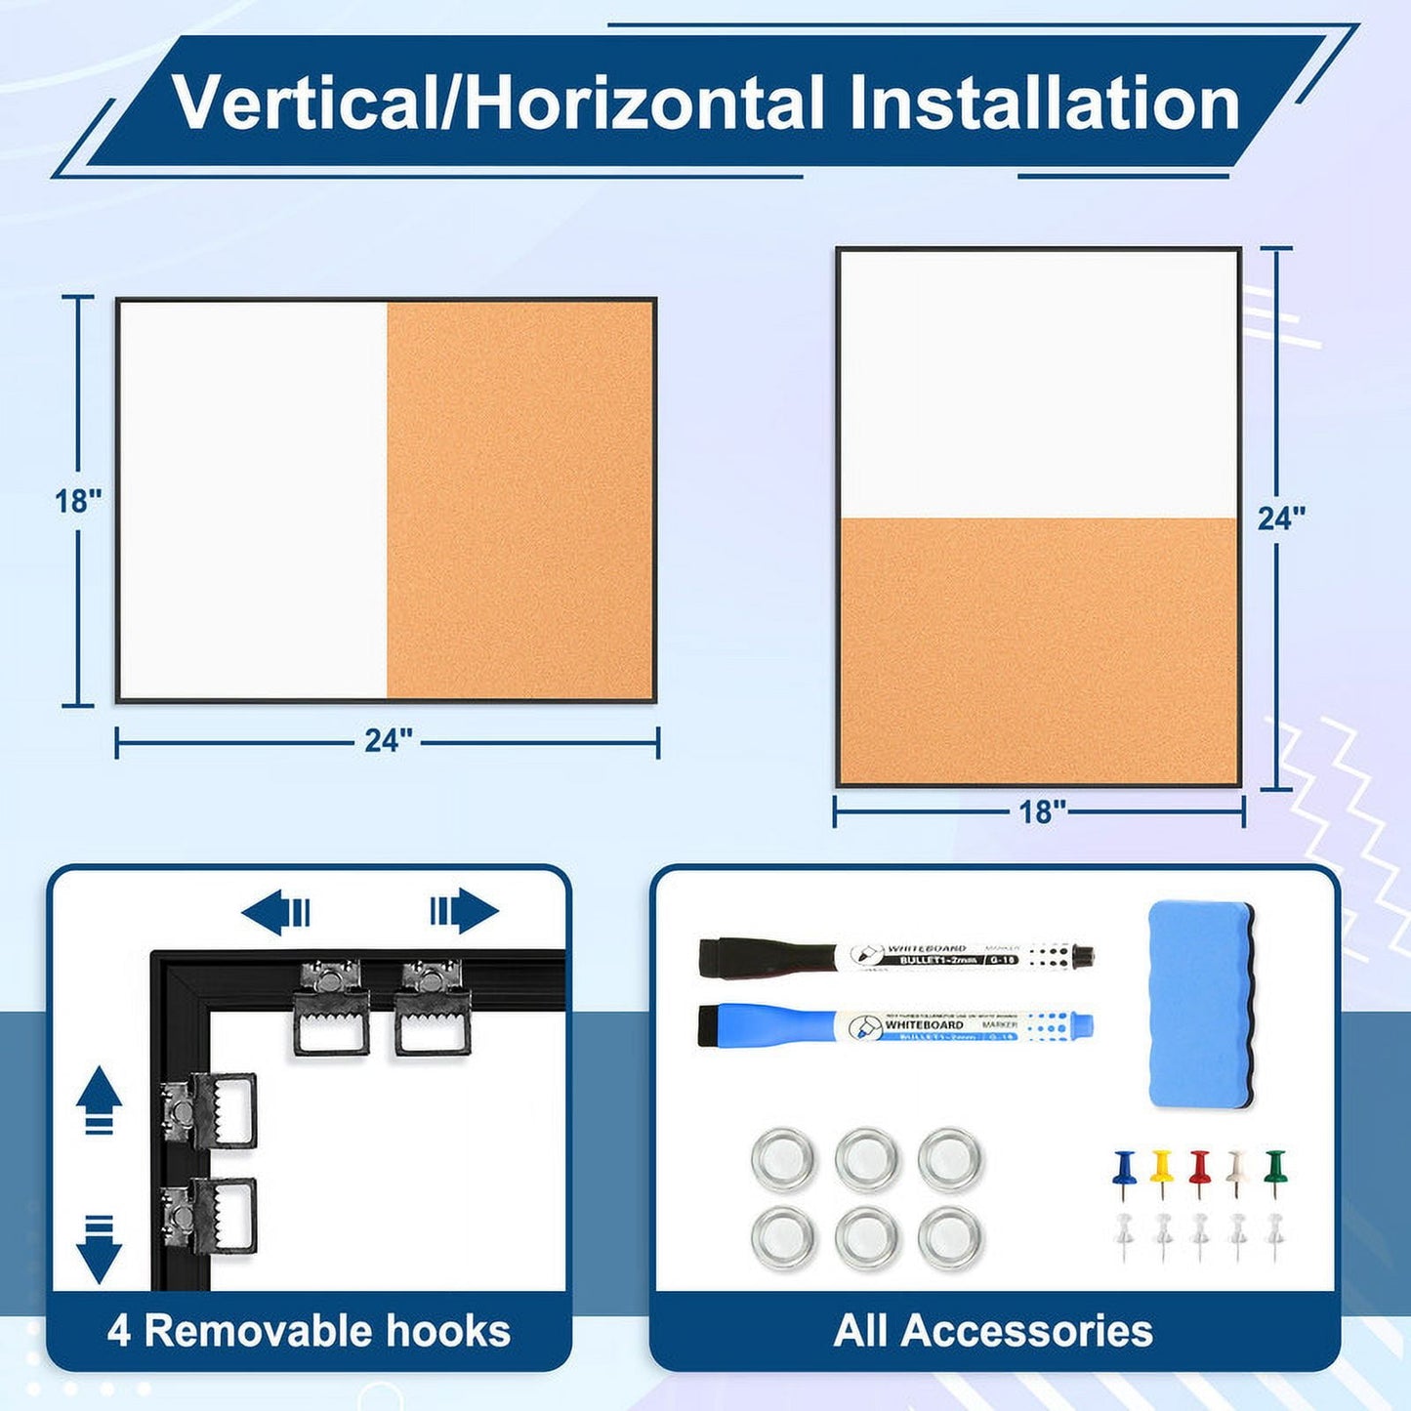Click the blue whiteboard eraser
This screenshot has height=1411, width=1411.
(x=1201, y=1005)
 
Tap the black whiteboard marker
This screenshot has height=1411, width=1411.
(x=894, y=956)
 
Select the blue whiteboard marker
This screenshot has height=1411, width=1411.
(x=894, y=1025)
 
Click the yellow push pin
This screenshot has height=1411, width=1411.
(x=1160, y=1171)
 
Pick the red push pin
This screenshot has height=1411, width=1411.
(x=1199, y=1171)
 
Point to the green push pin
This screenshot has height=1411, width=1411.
(x=1274, y=1171)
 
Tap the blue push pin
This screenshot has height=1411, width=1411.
(x=1124, y=1171)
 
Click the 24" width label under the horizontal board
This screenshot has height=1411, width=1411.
(x=389, y=741)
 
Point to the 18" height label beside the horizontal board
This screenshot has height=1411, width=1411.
(x=78, y=501)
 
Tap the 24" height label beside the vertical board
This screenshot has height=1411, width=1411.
(x=1280, y=519)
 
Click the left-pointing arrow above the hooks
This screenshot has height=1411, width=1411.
(x=276, y=912)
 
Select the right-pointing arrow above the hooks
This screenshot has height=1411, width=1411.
(x=465, y=912)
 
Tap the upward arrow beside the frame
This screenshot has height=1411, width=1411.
(x=99, y=1100)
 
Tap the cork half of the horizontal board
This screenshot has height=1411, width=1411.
(x=519, y=500)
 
